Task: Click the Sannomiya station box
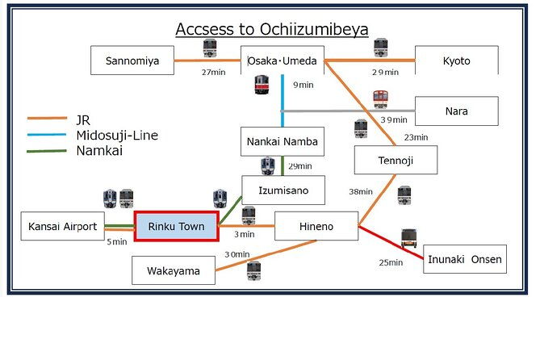tap(132, 61)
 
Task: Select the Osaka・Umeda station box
tap(282, 61)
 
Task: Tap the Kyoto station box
tap(456, 61)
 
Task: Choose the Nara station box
tap(456, 111)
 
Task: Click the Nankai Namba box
tap(283, 141)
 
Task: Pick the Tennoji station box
tap(396, 160)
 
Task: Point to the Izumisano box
tap(283, 190)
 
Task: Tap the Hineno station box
tap(316, 226)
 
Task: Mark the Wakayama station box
tap(174, 270)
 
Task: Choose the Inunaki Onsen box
tap(465, 259)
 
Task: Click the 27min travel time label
tap(213, 72)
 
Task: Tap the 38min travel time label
tap(361, 192)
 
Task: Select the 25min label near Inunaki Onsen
tap(390, 262)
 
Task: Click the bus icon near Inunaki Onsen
tap(408, 237)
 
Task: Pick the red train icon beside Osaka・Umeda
tap(262, 85)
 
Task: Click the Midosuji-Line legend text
tap(117, 135)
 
